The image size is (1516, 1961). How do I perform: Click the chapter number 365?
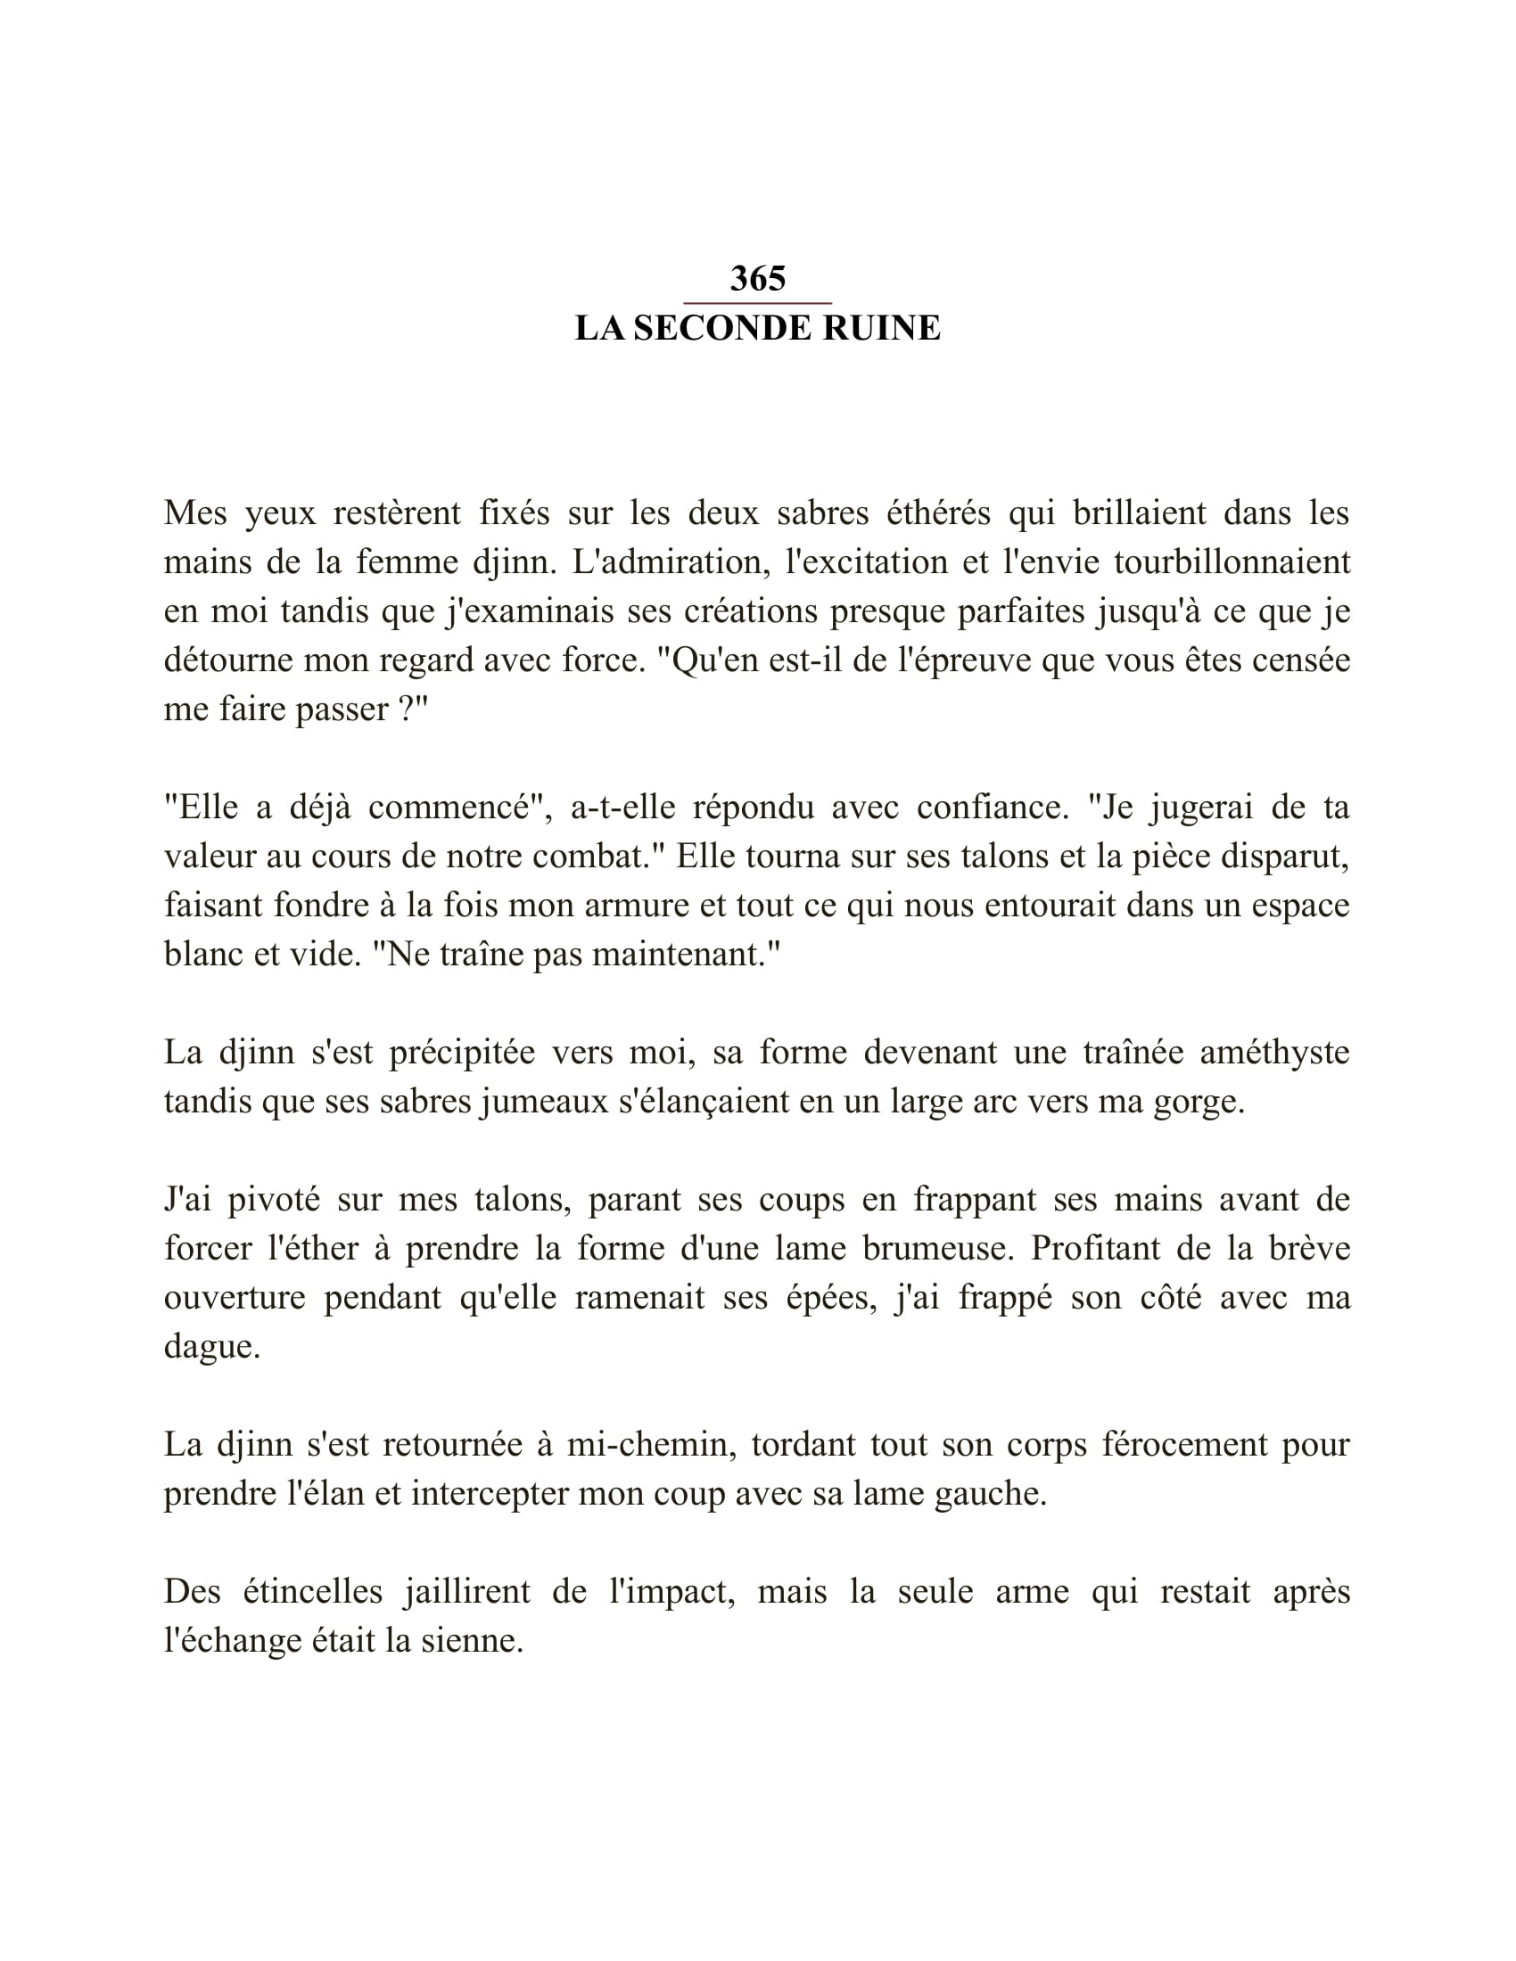pyautogui.click(x=757, y=279)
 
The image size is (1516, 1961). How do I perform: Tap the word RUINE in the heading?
pyautogui.click(x=881, y=329)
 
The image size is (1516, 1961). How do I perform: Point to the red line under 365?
pyautogui.click(x=757, y=303)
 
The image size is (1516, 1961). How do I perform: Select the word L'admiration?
pyautogui.click(x=667, y=562)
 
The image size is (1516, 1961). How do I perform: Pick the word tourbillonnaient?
pyautogui.click(x=1232, y=562)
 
